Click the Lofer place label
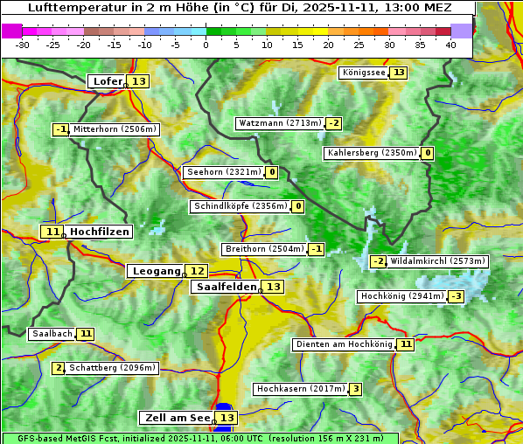coord(107,81)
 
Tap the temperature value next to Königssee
coord(399,73)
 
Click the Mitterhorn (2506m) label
coord(115,129)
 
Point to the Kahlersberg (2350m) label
coord(372,153)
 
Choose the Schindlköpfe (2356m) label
coord(240,206)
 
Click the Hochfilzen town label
coord(100,232)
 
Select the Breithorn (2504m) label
coord(263,249)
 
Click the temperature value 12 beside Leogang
coord(198,271)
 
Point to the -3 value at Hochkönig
coord(456,296)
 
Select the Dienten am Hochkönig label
coord(344,344)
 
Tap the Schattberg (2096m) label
coord(112,368)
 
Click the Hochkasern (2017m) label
coord(300,389)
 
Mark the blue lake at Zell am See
coord(224,408)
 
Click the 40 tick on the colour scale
coord(450,45)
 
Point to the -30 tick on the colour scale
coord(23,45)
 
